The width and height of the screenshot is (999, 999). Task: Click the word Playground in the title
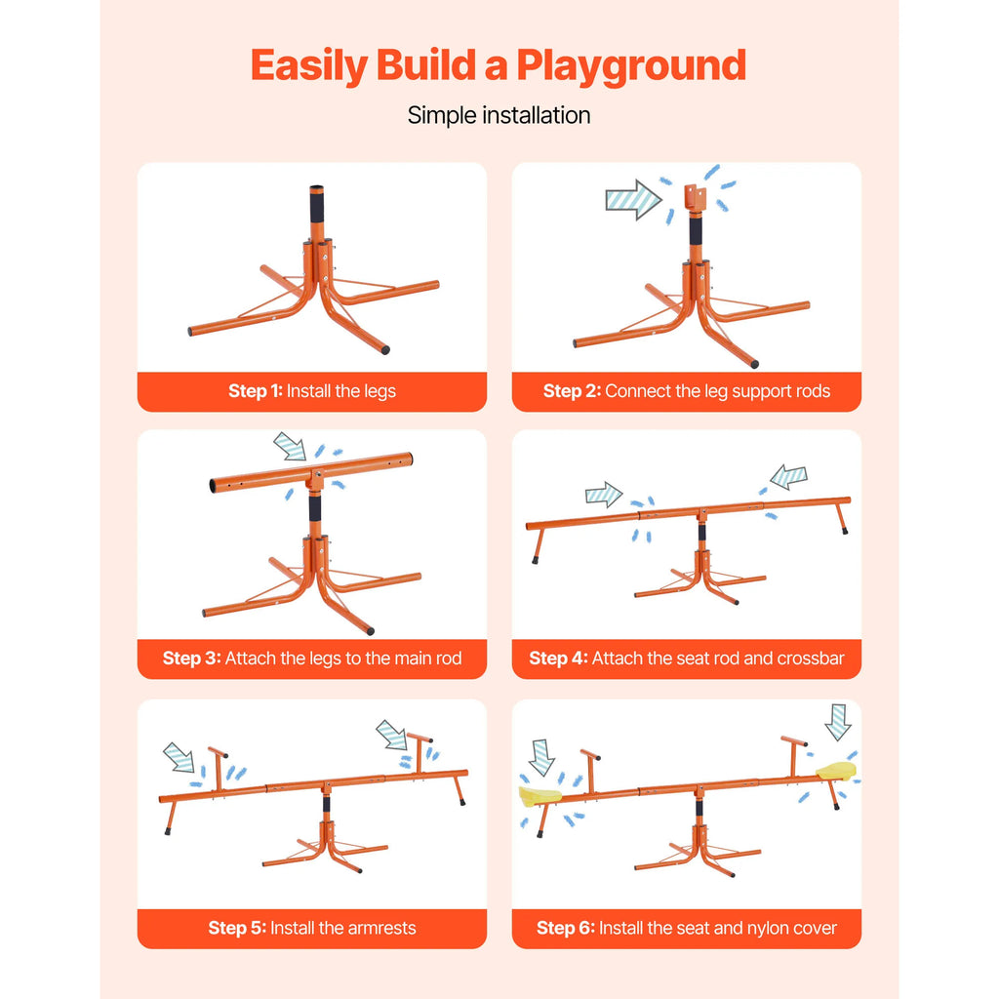(631, 65)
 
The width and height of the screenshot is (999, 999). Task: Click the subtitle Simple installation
(499, 115)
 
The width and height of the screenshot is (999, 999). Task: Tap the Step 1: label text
(256, 391)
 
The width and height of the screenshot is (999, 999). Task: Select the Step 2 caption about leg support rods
(687, 391)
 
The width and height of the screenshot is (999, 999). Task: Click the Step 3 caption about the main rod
(312, 659)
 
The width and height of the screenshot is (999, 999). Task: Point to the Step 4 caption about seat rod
(687, 659)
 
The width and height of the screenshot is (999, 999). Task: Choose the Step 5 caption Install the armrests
(312, 928)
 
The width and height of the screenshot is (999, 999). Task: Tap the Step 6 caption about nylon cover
(687, 928)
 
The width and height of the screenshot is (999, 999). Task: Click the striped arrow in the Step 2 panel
(632, 199)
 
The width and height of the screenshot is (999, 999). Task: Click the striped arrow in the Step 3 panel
(290, 447)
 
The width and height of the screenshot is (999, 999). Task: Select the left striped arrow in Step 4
(604, 495)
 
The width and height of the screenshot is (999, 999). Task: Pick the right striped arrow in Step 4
(788, 477)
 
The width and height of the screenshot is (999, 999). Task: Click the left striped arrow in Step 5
(179, 757)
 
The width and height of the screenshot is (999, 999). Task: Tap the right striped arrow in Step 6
(837, 722)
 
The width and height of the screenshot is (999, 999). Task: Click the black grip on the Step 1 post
(318, 210)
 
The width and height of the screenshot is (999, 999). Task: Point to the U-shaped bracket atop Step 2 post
(695, 198)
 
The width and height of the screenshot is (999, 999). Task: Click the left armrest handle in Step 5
(219, 763)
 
